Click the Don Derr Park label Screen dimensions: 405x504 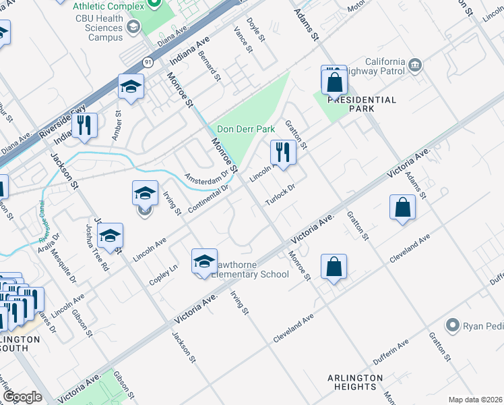247,130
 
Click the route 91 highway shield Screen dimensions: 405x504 147,62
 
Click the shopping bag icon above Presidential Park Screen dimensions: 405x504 334,82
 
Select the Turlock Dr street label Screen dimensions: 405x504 280,196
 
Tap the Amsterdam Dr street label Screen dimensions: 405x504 207,178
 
